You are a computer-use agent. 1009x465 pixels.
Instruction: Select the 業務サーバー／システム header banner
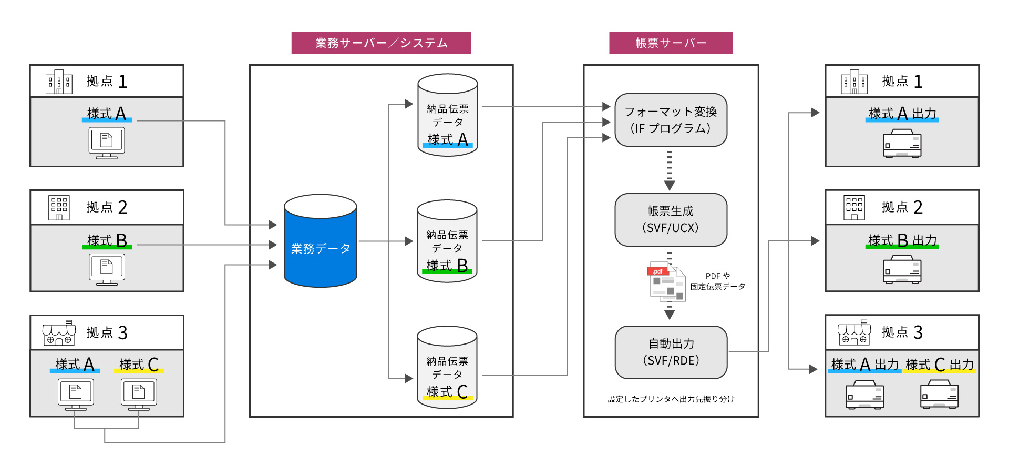(381, 43)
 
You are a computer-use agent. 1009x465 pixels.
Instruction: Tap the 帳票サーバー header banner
(671, 43)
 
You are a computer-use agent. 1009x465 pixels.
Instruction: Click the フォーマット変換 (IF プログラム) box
(671, 120)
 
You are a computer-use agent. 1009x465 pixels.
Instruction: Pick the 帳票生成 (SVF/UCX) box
(671, 219)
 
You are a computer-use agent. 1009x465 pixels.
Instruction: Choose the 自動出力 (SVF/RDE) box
(671, 352)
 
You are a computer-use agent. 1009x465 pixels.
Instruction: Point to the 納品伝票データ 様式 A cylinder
(447, 116)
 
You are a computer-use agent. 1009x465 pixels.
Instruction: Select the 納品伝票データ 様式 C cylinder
(447, 368)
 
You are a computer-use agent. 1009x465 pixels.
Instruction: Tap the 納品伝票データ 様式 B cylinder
(447, 242)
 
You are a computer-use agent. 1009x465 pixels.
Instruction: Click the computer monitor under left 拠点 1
(107, 143)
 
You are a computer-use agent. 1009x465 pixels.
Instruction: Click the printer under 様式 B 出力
(902, 269)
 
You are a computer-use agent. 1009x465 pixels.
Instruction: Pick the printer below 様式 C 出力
(939, 395)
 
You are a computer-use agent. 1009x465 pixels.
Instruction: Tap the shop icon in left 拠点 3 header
(59, 333)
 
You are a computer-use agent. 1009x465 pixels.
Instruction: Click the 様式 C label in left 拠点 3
(139, 364)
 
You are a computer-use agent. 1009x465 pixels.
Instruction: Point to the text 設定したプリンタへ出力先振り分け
(671, 399)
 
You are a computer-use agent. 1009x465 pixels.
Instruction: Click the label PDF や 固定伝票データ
(717, 281)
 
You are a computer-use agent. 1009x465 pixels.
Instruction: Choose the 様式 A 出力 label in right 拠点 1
(902, 114)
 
